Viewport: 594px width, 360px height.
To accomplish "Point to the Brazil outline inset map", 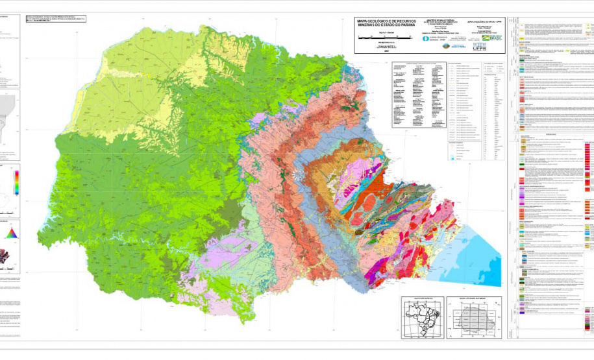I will point(421,318).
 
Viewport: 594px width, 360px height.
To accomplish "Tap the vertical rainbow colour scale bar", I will point(16,181).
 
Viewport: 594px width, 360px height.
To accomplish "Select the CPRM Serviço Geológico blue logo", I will point(426,38).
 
